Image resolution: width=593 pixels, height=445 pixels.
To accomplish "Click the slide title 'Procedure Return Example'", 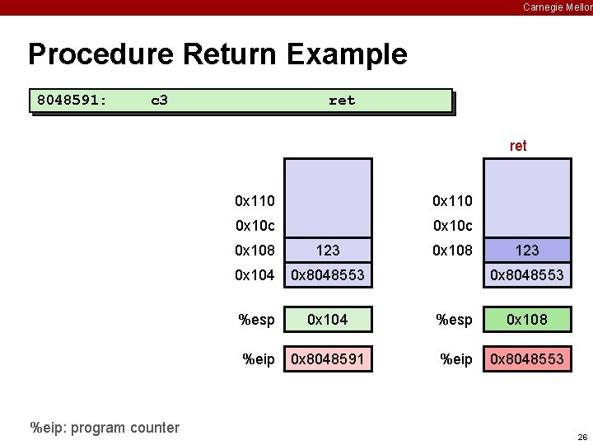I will pyautogui.click(x=217, y=54).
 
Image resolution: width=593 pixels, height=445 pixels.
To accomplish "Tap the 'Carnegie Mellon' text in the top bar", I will pyautogui.click(x=557, y=7).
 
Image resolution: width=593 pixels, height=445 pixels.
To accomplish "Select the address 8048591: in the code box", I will pyautogui.click(x=72, y=101).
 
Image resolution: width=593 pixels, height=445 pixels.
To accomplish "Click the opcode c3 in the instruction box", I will pyautogui.click(x=159, y=101).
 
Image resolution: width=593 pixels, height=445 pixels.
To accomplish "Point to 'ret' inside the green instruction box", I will pyautogui.click(x=342, y=101).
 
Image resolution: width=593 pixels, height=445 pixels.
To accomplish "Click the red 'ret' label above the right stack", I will pyautogui.click(x=518, y=146).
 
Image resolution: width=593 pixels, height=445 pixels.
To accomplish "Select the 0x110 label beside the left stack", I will pyautogui.click(x=254, y=201).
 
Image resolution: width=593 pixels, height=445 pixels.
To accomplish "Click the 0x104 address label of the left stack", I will pyautogui.click(x=254, y=275).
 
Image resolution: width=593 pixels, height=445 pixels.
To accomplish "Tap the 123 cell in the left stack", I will pyautogui.click(x=328, y=251).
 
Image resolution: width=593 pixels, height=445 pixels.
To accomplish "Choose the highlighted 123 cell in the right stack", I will pyautogui.click(x=527, y=251).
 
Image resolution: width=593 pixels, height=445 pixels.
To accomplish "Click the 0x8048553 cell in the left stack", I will pyautogui.click(x=328, y=275).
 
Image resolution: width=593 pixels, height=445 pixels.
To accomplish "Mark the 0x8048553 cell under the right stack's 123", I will pyautogui.click(x=527, y=275).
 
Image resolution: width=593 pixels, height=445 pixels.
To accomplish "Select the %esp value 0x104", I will pyautogui.click(x=328, y=320).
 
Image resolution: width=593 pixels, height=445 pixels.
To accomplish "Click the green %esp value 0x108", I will pyautogui.click(x=527, y=320).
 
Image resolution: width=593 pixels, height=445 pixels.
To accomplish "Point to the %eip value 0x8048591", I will pyautogui.click(x=328, y=359).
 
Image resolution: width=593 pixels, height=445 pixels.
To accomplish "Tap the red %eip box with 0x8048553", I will pyautogui.click(x=527, y=359).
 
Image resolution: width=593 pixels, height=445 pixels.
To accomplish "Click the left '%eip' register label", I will pyautogui.click(x=258, y=359).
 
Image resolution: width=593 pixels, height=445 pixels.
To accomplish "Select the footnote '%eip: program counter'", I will pyautogui.click(x=105, y=427).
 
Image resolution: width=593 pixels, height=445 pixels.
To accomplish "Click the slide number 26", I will pyautogui.click(x=581, y=437).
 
